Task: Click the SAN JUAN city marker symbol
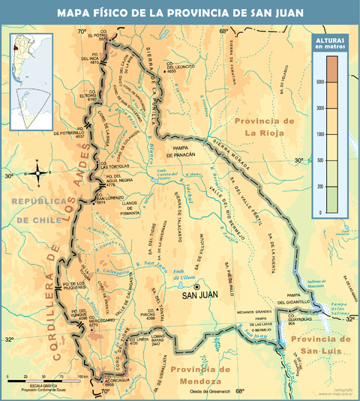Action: click(196, 286)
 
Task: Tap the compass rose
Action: click(38, 175)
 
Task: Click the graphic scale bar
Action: click(43, 378)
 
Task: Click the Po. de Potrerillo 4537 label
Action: click(70, 134)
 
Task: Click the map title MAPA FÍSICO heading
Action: click(179, 13)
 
